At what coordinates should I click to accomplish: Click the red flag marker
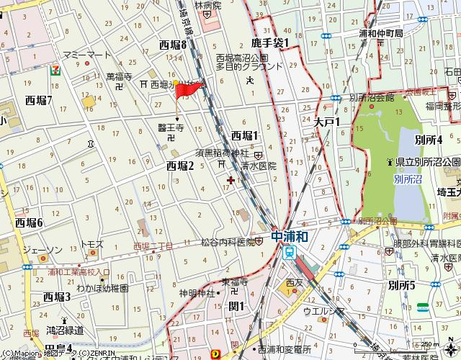click(x=189, y=91)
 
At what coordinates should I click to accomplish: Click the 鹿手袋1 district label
click(x=269, y=42)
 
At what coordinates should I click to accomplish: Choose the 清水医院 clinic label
click(x=259, y=165)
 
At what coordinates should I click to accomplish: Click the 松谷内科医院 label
click(x=230, y=242)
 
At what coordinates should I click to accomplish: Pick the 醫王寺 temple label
click(x=171, y=127)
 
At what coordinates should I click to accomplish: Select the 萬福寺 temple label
click(x=119, y=76)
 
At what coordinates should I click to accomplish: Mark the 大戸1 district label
click(x=326, y=122)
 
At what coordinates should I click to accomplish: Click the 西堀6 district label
click(x=30, y=222)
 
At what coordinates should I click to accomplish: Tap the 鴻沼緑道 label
click(x=65, y=330)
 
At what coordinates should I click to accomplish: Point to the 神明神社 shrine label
click(x=197, y=293)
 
